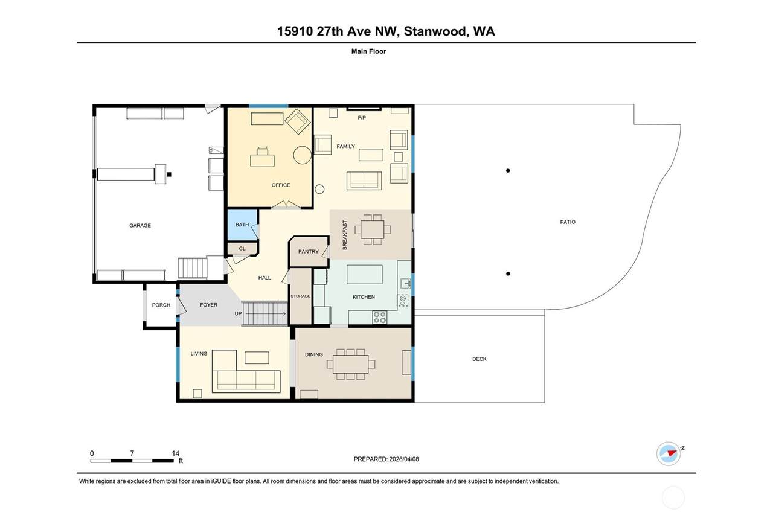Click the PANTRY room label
click(309, 252)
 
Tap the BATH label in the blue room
click(242, 225)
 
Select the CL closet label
click(242, 248)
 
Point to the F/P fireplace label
click(362, 118)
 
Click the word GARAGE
click(140, 225)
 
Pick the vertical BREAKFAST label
click(345, 235)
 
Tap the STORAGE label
click(300, 296)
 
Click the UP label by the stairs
click(238, 313)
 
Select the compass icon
click(669, 454)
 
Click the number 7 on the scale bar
click(132, 453)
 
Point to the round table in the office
click(303, 155)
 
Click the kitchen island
click(364, 274)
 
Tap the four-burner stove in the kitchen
click(380, 318)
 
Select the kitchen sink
click(405, 283)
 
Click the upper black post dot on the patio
click(508, 170)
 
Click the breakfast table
click(373, 229)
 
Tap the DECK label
click(480, 359)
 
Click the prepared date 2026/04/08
click(404, 459)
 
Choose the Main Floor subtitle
click(368, 51)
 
